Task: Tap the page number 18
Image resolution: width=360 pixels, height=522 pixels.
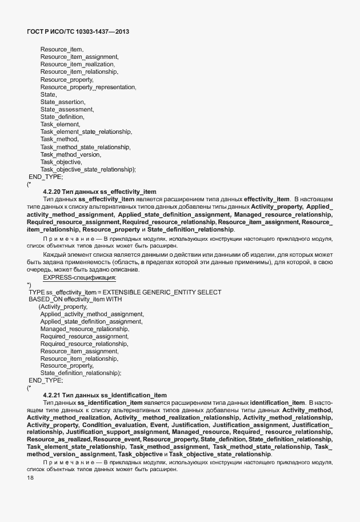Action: [x=30, y=477]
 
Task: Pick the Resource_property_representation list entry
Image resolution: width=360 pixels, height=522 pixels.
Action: [x=88, y=87]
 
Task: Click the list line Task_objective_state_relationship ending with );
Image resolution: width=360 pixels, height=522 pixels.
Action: [x=88, y=169]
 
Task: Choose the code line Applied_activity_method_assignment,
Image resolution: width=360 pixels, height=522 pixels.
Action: [x=92, y=314]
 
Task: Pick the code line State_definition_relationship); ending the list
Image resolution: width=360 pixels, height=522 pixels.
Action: [x=81, y=373]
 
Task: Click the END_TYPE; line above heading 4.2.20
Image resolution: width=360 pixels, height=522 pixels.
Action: [x=46, y=177]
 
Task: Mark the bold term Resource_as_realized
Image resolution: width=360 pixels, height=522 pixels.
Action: [x=58, y=439]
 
